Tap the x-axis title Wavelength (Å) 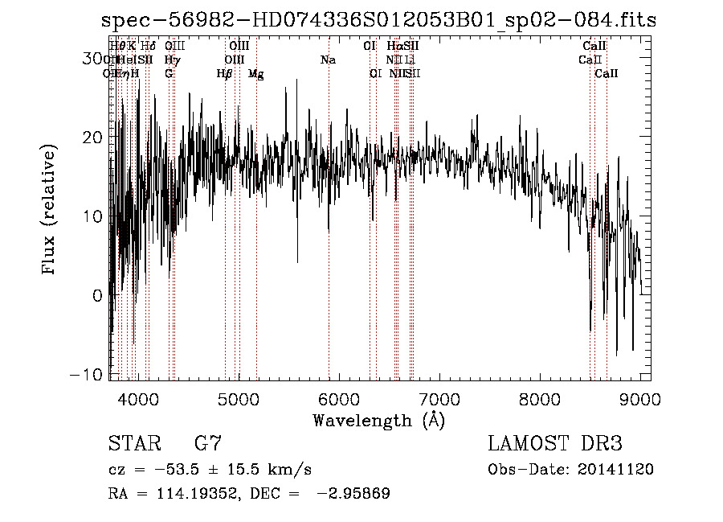(x=378, y=420)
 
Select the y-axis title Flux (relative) (x=50, y=211)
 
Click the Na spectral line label (x=328, y=60)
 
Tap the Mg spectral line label (x=255, y=74)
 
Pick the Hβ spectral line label (x=224, y=74)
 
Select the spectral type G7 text (x=208, y=444)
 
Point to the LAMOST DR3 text (x=555, y=444)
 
